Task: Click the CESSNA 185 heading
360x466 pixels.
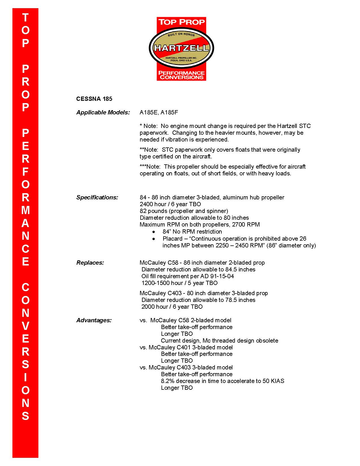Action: (x=94, y=99)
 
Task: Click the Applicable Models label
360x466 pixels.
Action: (x=103, y=112)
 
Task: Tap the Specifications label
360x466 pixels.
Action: (x=97, y=197)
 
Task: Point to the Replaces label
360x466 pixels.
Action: (x=90, y=263)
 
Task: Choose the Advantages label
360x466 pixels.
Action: (x=94, y=320)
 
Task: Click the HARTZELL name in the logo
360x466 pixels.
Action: (x=181, y=48)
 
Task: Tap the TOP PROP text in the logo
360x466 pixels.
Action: (x=181, y=22)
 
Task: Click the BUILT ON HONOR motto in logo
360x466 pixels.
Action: (x=181, y=34)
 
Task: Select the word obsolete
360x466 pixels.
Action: (x=267, y=341)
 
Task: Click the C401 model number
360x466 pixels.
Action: (x=184, y=347)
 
